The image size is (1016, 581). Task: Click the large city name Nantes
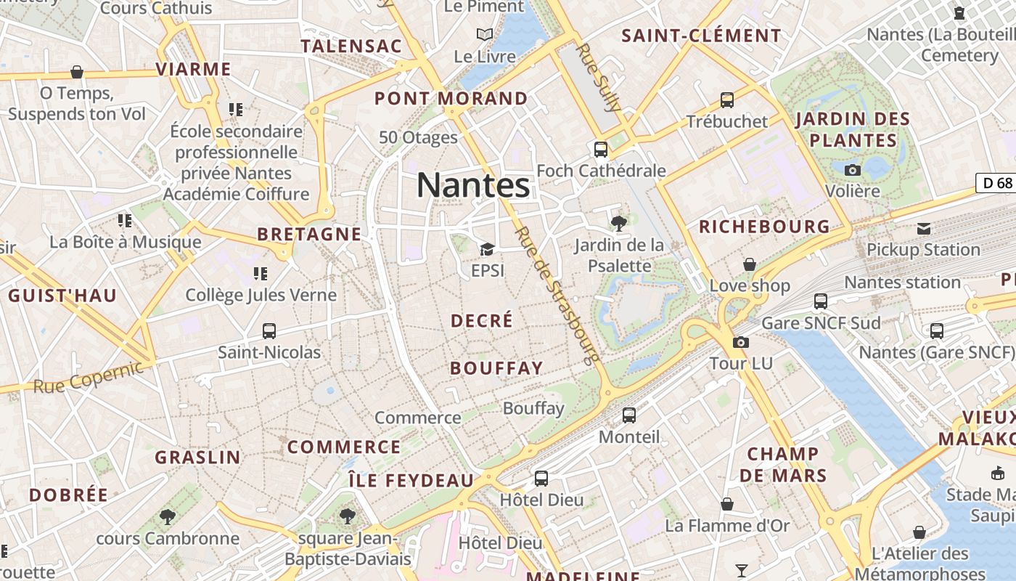click(x=473, y=185)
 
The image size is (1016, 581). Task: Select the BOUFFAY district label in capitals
click(x=496, y=368)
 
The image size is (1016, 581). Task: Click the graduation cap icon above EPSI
click(x=487, y=250)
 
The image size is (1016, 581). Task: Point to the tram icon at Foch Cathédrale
click(x=601, y=150)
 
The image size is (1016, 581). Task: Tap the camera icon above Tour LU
click(x=741, y=342)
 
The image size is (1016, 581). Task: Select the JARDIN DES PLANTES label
click(x=853, y=129)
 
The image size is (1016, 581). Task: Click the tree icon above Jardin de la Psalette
click(x=619, y=223)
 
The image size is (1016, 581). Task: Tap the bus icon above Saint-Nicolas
click(x=269, y=331)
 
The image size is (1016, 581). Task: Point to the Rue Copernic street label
click(x=89, y=376)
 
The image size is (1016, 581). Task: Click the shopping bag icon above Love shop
click(x=750, y=264)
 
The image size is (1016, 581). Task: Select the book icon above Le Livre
click(x=485, y=34)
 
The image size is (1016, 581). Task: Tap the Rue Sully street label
click(x=599, y=76)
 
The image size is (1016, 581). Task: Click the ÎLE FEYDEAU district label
click(x=411, y=481)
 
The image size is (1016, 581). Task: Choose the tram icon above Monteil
click(x=629, y=415)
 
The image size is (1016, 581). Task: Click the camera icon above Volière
click(x=853, y=170)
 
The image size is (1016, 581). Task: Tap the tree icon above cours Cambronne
click(x=168, y=517)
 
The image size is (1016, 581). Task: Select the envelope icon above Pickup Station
click(x=924, y=229)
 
